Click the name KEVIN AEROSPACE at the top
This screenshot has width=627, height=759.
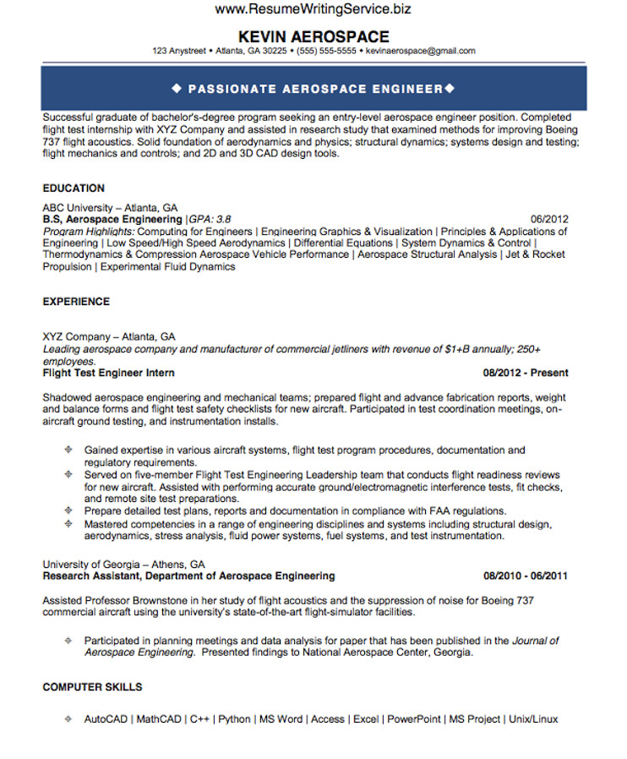coord(313,36)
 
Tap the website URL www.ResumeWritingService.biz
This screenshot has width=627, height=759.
coord(313,10)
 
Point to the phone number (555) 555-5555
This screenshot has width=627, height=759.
coord(325,51)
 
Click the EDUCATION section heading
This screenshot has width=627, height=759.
coord(74,188)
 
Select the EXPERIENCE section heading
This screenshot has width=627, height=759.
coord(76,302)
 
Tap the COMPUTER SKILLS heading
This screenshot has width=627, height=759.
coord(92,687)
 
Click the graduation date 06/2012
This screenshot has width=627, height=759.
coord(549,219)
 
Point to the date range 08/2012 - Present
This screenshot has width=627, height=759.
coord(526,373)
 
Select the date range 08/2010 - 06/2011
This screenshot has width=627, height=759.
coord(526,576)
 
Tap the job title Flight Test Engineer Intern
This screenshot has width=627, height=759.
coord(109,373)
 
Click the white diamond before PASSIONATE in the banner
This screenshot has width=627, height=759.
coord(177,89)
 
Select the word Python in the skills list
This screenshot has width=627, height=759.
coord(234,719)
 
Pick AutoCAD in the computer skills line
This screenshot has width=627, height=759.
coord(106,719)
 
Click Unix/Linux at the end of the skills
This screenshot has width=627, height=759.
coord(534,719)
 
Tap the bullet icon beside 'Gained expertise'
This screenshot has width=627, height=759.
coord(68,450)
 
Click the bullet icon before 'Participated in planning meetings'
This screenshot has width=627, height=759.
coord(68,642)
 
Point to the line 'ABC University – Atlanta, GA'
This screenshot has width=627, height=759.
coord(110,208)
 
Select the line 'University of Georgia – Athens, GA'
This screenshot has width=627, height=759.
coord(124,565)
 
